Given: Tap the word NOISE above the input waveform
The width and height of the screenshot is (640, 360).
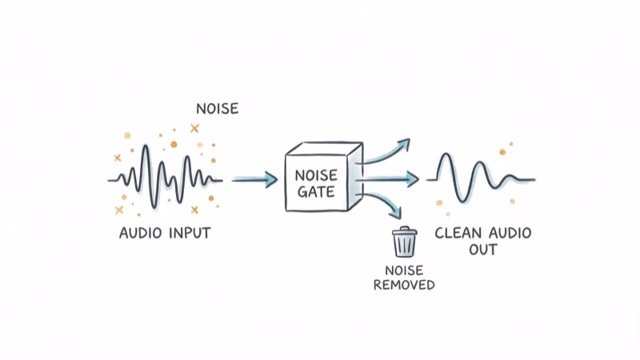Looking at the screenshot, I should click(x=217, y=108).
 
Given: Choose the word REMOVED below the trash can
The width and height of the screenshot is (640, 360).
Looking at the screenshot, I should click(x=405, y=284).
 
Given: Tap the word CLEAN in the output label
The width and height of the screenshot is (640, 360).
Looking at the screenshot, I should click(x=458, y=234).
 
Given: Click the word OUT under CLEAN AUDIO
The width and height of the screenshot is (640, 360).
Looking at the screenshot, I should click(x=483, y=250).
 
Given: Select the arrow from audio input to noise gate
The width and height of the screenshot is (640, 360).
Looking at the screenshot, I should click(x=254, y=179).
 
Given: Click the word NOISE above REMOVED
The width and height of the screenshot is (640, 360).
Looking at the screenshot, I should click(x=405, y=270).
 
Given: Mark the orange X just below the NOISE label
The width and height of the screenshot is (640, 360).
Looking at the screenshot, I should click(x=194, y=127).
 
